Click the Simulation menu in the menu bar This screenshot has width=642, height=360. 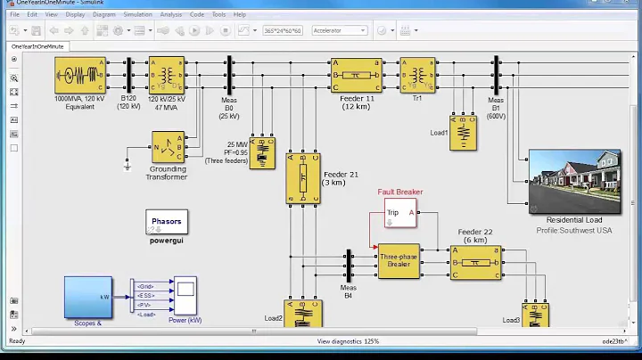(x=137, y=15)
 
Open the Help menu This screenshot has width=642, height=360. (x=239, y=15)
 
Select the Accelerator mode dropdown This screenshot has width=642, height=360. (x=339, y=30)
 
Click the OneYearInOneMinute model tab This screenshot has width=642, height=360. (x=32, y=45)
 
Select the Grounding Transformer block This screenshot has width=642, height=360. (x=169, y=148)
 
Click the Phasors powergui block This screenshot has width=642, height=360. (x=166, y=224)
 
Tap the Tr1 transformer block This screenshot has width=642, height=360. (x=416, y=75)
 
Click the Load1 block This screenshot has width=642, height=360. (x=463, y=132)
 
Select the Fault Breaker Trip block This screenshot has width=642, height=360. (x=399, y=213)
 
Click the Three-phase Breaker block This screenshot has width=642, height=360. (x=398, y=261)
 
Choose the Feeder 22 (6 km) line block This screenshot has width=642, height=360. (x=475, y=262)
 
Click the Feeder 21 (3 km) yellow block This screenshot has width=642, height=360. (x=302, y=177)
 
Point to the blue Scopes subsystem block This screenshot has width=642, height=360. (x=87, y=297)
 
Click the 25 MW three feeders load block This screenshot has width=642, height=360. (x=262, y=152)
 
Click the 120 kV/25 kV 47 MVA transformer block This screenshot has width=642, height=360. (x=166, y=75)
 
